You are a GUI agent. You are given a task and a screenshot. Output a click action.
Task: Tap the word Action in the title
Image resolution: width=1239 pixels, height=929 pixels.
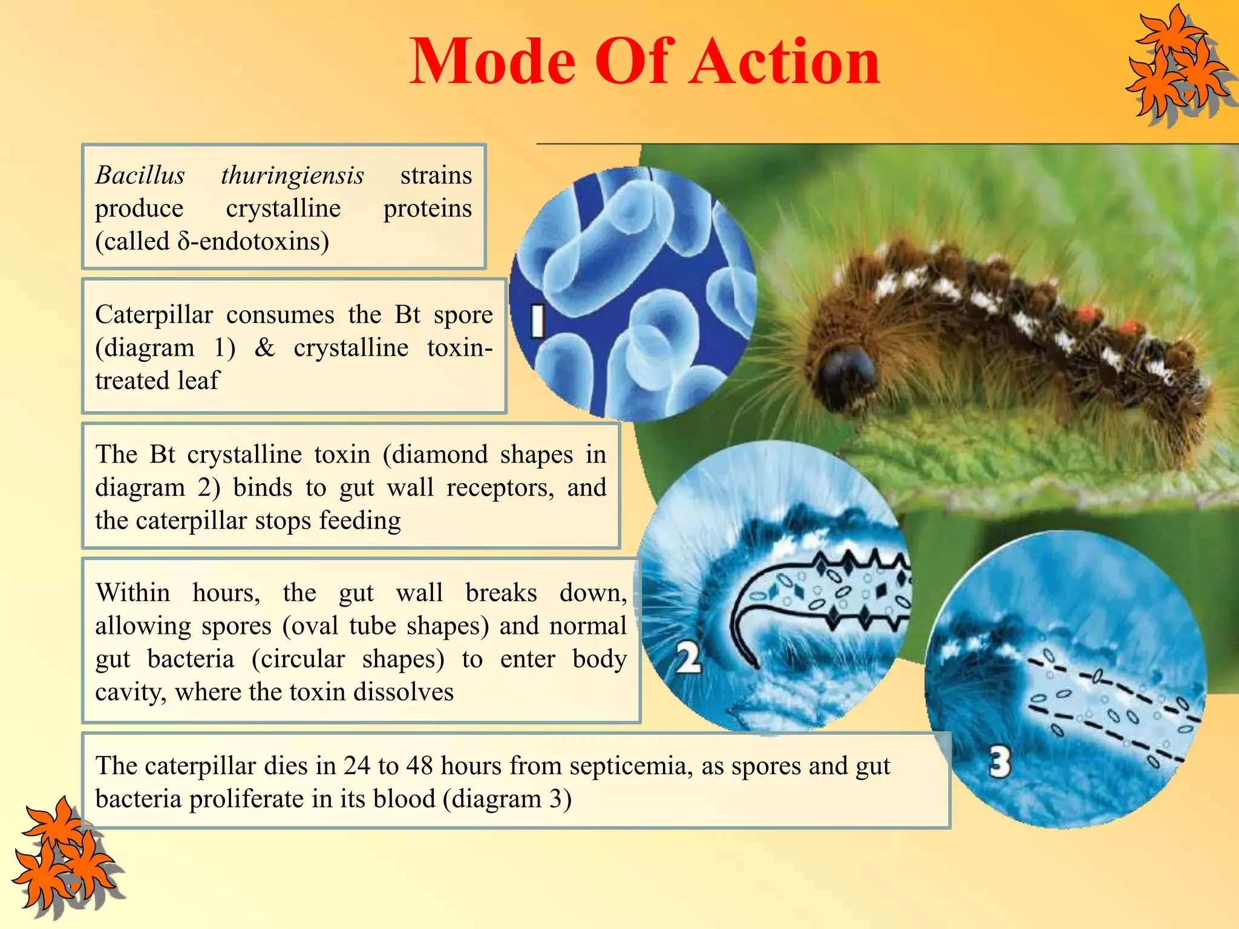(x=785, y=61)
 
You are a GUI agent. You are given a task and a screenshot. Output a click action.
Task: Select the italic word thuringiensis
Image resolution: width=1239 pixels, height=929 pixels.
(x=293, y=175)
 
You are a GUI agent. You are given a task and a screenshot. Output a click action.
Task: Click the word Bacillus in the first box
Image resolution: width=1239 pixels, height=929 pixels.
(x=140, y=175)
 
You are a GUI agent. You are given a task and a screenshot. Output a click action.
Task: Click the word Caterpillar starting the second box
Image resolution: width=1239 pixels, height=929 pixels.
(x=154, y=315)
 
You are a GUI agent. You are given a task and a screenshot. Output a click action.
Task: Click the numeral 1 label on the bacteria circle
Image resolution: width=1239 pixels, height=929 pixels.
(x=537, y=321)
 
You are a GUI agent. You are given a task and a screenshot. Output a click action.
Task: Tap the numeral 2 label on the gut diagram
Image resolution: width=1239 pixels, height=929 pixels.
(x=688, y=657)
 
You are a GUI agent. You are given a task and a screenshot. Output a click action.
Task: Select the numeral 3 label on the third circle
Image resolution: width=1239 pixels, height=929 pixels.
(x=1001, y=761)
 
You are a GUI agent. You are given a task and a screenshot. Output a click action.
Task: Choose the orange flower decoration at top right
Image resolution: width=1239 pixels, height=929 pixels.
(x=1177, y=67)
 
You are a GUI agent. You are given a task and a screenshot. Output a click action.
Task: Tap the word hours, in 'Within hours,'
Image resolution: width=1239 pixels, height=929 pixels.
(x=226, y=593)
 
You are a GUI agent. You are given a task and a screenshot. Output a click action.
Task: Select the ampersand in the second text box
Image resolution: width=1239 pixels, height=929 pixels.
(x=264, y=348)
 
